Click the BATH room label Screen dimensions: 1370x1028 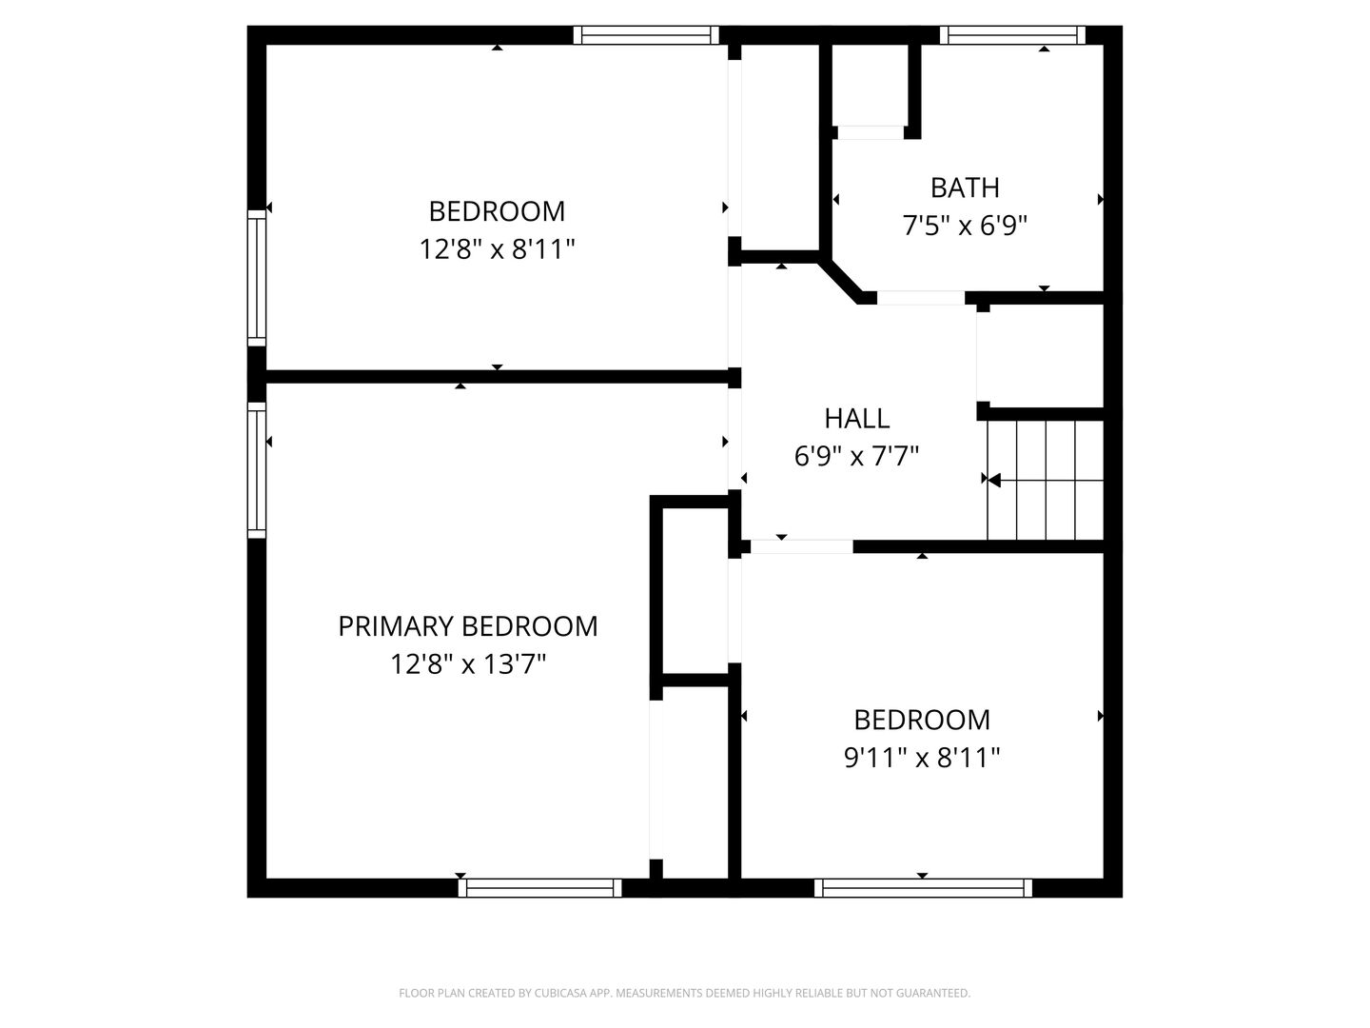965,188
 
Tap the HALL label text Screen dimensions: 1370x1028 856,419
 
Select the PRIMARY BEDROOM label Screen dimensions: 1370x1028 467,626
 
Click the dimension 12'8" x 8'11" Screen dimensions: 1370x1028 497,249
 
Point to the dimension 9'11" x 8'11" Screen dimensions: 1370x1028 921,758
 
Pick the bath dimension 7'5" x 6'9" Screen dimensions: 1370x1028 965,226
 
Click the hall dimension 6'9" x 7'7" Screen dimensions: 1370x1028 856,456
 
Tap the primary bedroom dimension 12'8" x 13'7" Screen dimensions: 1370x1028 467,663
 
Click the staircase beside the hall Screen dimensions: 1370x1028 1045,480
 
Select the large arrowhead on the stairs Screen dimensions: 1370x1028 994,480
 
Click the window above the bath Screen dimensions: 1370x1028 1011,35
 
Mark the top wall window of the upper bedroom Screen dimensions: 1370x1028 646,35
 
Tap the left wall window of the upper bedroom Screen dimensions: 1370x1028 257,278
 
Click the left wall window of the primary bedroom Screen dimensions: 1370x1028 257,470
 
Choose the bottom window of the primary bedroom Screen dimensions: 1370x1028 539,887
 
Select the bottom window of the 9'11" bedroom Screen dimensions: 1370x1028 923,887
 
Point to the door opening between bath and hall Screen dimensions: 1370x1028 921,298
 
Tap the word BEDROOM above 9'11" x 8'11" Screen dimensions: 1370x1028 921,721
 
